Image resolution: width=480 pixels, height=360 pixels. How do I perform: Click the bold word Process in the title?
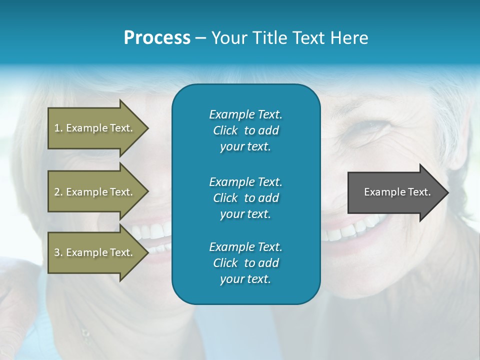[157, 38]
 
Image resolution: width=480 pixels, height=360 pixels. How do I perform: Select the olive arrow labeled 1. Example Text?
[93, 128]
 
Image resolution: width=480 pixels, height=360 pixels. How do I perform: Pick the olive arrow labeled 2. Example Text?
[93, 192]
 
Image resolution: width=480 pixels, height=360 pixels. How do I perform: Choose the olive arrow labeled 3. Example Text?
[93, 252]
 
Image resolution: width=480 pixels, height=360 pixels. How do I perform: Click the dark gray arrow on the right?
[395, 192]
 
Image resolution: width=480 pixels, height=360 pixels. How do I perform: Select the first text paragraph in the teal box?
[245, 130]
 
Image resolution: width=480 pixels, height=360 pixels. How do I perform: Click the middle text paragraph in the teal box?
[245, 198]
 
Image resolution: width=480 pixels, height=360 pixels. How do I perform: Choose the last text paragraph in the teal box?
[245, 263]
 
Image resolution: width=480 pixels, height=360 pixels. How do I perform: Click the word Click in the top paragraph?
[225, 130]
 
